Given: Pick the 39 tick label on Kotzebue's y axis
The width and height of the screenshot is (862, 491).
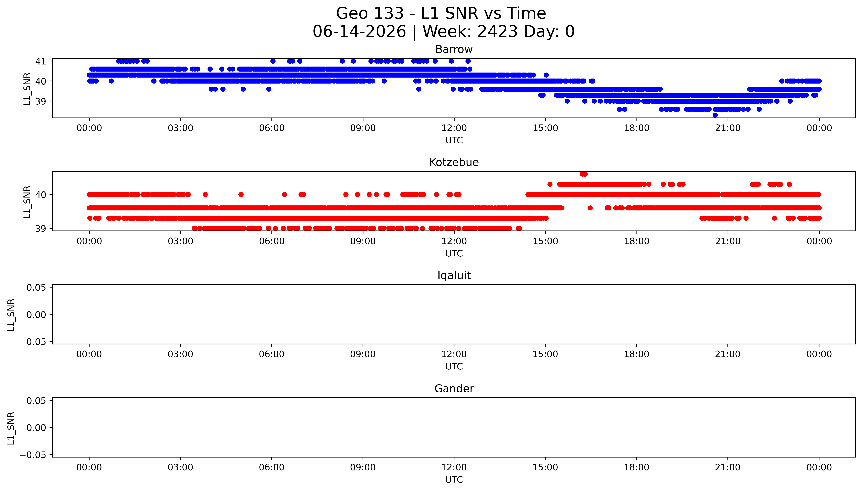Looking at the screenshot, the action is (41, 229).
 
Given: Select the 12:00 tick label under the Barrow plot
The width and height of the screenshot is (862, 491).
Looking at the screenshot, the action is (454, 128).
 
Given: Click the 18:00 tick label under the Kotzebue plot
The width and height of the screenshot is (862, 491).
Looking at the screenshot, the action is (637, 241).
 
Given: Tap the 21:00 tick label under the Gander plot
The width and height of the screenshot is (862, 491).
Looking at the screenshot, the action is (728, 467).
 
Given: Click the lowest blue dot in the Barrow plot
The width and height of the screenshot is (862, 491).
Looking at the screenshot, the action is (715, 115).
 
